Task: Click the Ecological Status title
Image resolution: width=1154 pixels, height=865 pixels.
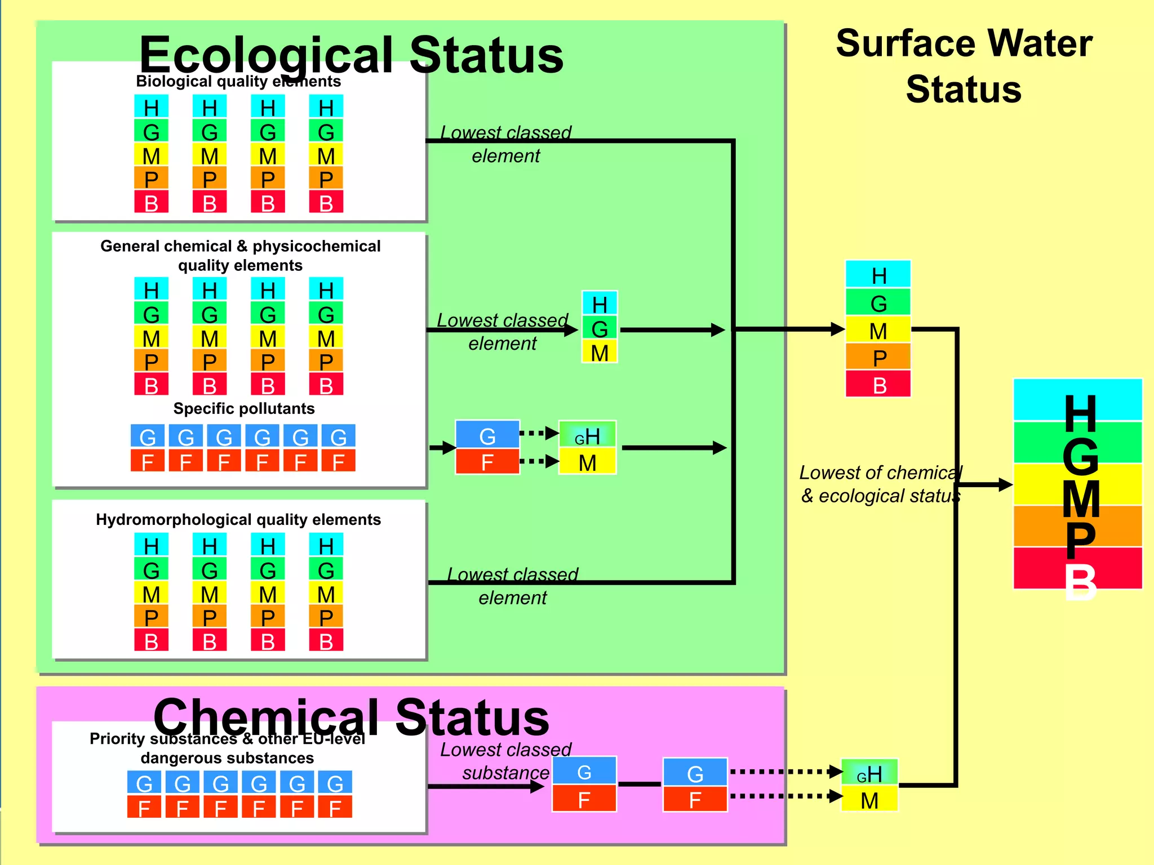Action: point(351,55)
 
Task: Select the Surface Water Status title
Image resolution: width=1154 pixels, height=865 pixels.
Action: point(964,66)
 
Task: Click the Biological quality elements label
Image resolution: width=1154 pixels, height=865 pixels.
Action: point(238,82)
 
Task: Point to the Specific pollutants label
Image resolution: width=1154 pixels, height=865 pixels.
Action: point(243,409)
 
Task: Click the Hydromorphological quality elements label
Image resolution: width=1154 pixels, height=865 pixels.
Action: point(238,520)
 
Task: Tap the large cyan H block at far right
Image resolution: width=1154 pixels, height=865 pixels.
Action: point(1077,400)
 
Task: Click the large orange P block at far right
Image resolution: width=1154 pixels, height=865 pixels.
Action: point(1077,527)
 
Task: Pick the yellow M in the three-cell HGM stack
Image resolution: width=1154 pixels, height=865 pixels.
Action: point(600,353)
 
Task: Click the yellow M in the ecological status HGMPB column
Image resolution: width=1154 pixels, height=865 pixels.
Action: point(878,331)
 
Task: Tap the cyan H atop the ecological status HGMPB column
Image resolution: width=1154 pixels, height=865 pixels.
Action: point(878,275)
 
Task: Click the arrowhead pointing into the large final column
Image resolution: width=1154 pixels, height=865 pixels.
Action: point(1005,484)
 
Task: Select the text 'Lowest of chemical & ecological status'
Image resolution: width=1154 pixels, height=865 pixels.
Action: point(880,484)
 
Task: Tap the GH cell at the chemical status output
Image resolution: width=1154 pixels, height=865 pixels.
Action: point(869,773)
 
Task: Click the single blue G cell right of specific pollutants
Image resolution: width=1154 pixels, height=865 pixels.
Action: point(487,435)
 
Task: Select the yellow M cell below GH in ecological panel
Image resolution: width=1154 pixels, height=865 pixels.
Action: point(587,463)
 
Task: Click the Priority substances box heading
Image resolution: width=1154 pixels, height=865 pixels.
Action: point(227,748)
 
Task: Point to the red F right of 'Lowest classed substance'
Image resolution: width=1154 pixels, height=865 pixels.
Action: point(584,799)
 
